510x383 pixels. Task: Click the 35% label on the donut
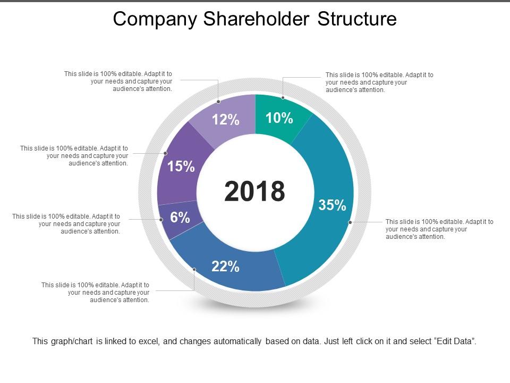click(x=332, y=205)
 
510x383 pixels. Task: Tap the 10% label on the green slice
click(x=279, y=118)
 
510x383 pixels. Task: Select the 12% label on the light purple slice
click(x=226, y=120)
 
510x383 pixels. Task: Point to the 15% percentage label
click(x=181, y=166)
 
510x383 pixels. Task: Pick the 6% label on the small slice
click(x=180, y=217)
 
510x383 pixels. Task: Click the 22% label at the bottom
click(x=225, y=267)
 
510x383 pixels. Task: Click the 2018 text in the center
click(x=254, y=191)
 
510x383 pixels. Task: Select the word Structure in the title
click(x=357, y=19)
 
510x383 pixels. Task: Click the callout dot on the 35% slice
click(x=350, y=222)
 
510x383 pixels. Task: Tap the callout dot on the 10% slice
click(x=283, y=97)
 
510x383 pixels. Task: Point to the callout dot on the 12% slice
click(x=218, y=101)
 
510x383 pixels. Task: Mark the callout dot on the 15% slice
click(x=165, y=153)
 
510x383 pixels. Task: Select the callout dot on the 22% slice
click(x=194, y=270)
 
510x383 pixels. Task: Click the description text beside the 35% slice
click(x=439, y=229)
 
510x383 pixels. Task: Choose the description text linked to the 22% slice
click(x=96, y=293)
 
